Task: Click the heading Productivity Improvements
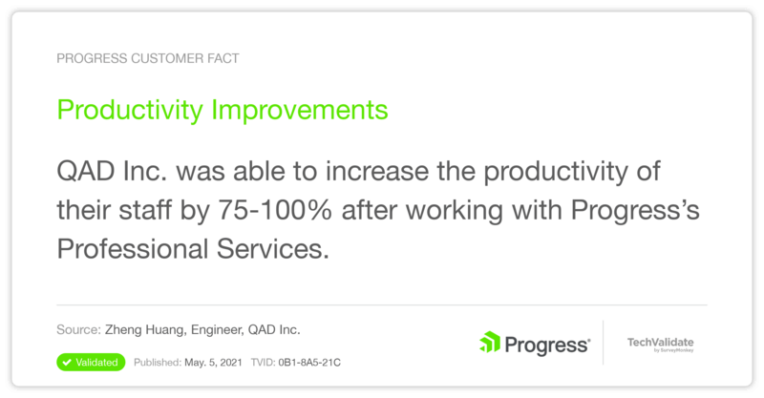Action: [x=223, y=111]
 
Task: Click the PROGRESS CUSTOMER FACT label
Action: [x=148, y=58]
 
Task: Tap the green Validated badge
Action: [x=91, y=363]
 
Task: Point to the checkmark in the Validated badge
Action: [x=67, y=363]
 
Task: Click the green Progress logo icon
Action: [x=490, y=342]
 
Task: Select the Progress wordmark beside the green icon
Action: [x=547, y=345]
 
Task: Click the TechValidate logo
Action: [x=660, y=344]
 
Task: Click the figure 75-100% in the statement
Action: [x=275, y=210]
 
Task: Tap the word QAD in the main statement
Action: [x=86, y=172]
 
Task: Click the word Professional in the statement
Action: [x=133, y=249]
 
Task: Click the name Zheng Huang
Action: [x=145, y=330]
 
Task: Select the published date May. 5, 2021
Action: [x=213, y=363]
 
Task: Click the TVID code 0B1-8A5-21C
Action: [x=309, y=363]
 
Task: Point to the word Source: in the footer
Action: [x=78, y=330]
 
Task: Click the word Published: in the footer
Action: [x=158, y=363]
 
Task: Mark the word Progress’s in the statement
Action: [x=635, y=210]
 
